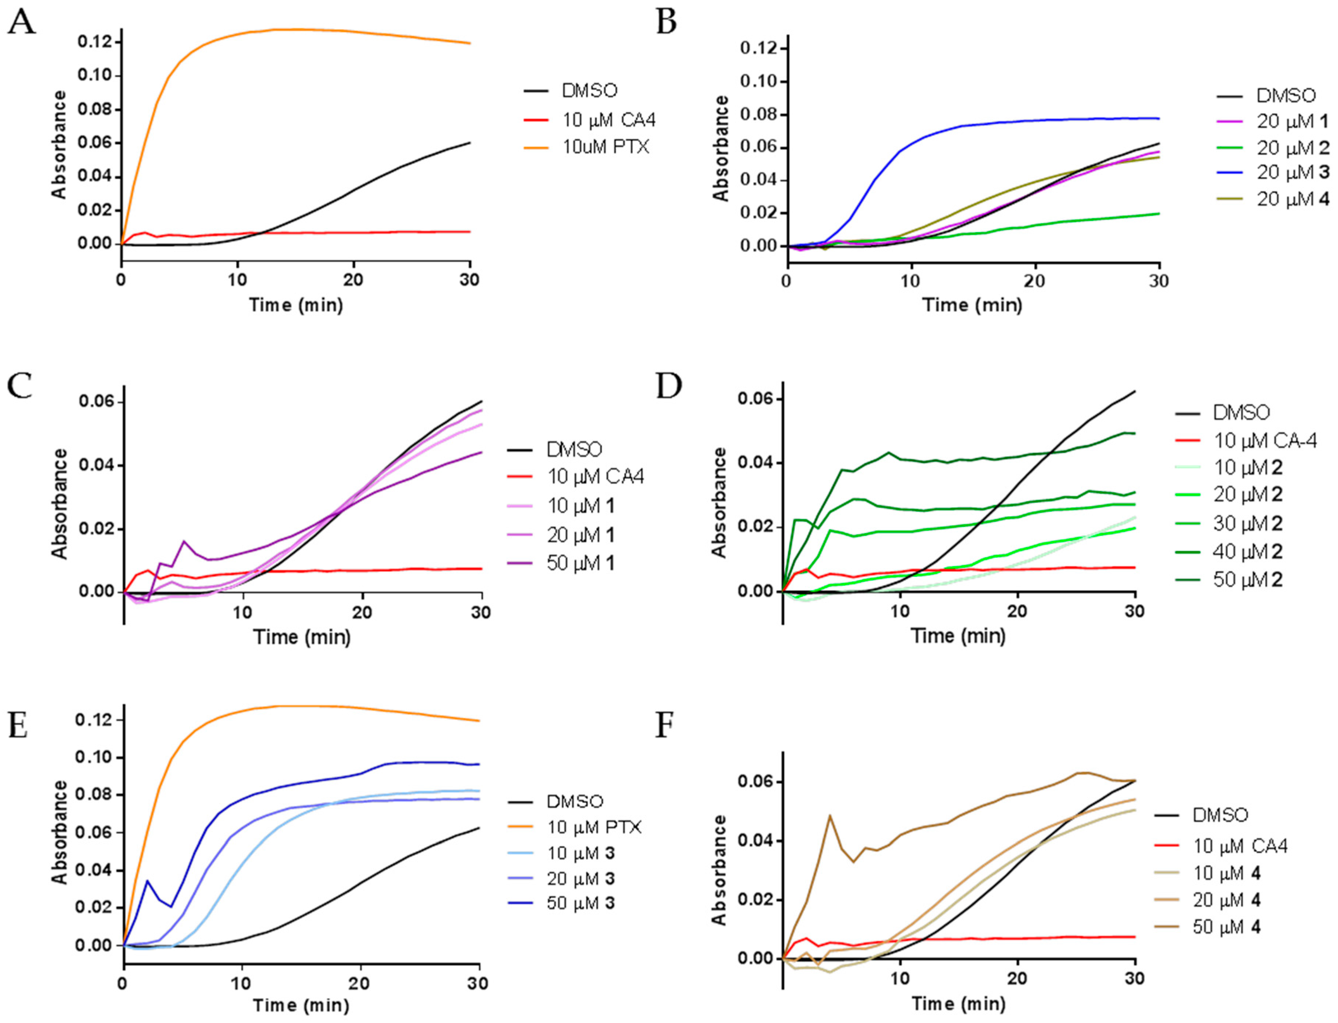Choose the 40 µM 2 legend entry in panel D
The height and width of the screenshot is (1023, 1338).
[1247, 552]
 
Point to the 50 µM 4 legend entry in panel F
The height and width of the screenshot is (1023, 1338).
[1226, 927]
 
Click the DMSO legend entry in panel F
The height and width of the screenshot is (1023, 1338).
[1220, 815]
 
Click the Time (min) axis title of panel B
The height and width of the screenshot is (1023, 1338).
[972, 305]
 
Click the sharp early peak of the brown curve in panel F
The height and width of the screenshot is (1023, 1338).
[829, 815]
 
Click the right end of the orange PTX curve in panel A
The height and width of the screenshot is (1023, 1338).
[470, 43]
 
